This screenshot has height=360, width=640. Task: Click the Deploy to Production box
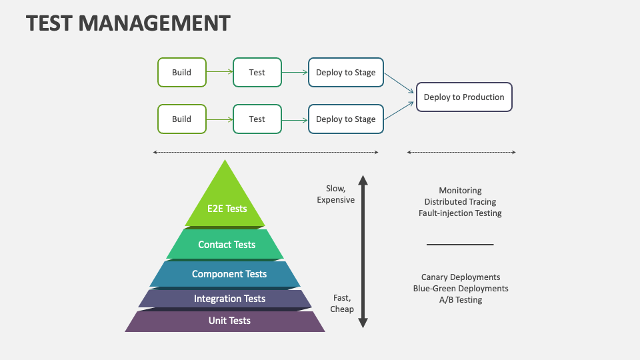coord(464,97)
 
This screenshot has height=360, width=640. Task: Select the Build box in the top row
coord(181,73)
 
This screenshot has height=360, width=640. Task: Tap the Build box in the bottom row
coord(181,119)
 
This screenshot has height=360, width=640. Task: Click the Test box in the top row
coord(257,73)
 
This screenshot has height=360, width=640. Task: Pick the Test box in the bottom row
coord(257,119)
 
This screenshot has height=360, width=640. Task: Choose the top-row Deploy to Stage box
coord(345,73)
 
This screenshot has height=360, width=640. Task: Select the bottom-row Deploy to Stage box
coord(345,119)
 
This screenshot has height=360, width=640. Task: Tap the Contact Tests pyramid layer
coord(226,245)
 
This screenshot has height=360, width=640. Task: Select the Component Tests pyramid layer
coord(229,274)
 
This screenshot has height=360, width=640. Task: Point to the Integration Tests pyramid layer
coord(229,299)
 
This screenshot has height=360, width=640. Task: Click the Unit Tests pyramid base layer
coord(229,321)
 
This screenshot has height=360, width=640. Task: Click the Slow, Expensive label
coord(336,195)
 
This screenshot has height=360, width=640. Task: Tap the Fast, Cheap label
coord(342,304)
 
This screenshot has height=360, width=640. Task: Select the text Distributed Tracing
coord(460,202)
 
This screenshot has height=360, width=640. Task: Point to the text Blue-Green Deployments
coord(460,289)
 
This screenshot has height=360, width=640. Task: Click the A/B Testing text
coord(460,300)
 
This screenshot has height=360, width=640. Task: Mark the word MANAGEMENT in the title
coord(154,23)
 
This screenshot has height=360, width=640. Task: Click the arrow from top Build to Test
coord(219,73)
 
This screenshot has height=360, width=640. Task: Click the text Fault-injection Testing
coord(460,213)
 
